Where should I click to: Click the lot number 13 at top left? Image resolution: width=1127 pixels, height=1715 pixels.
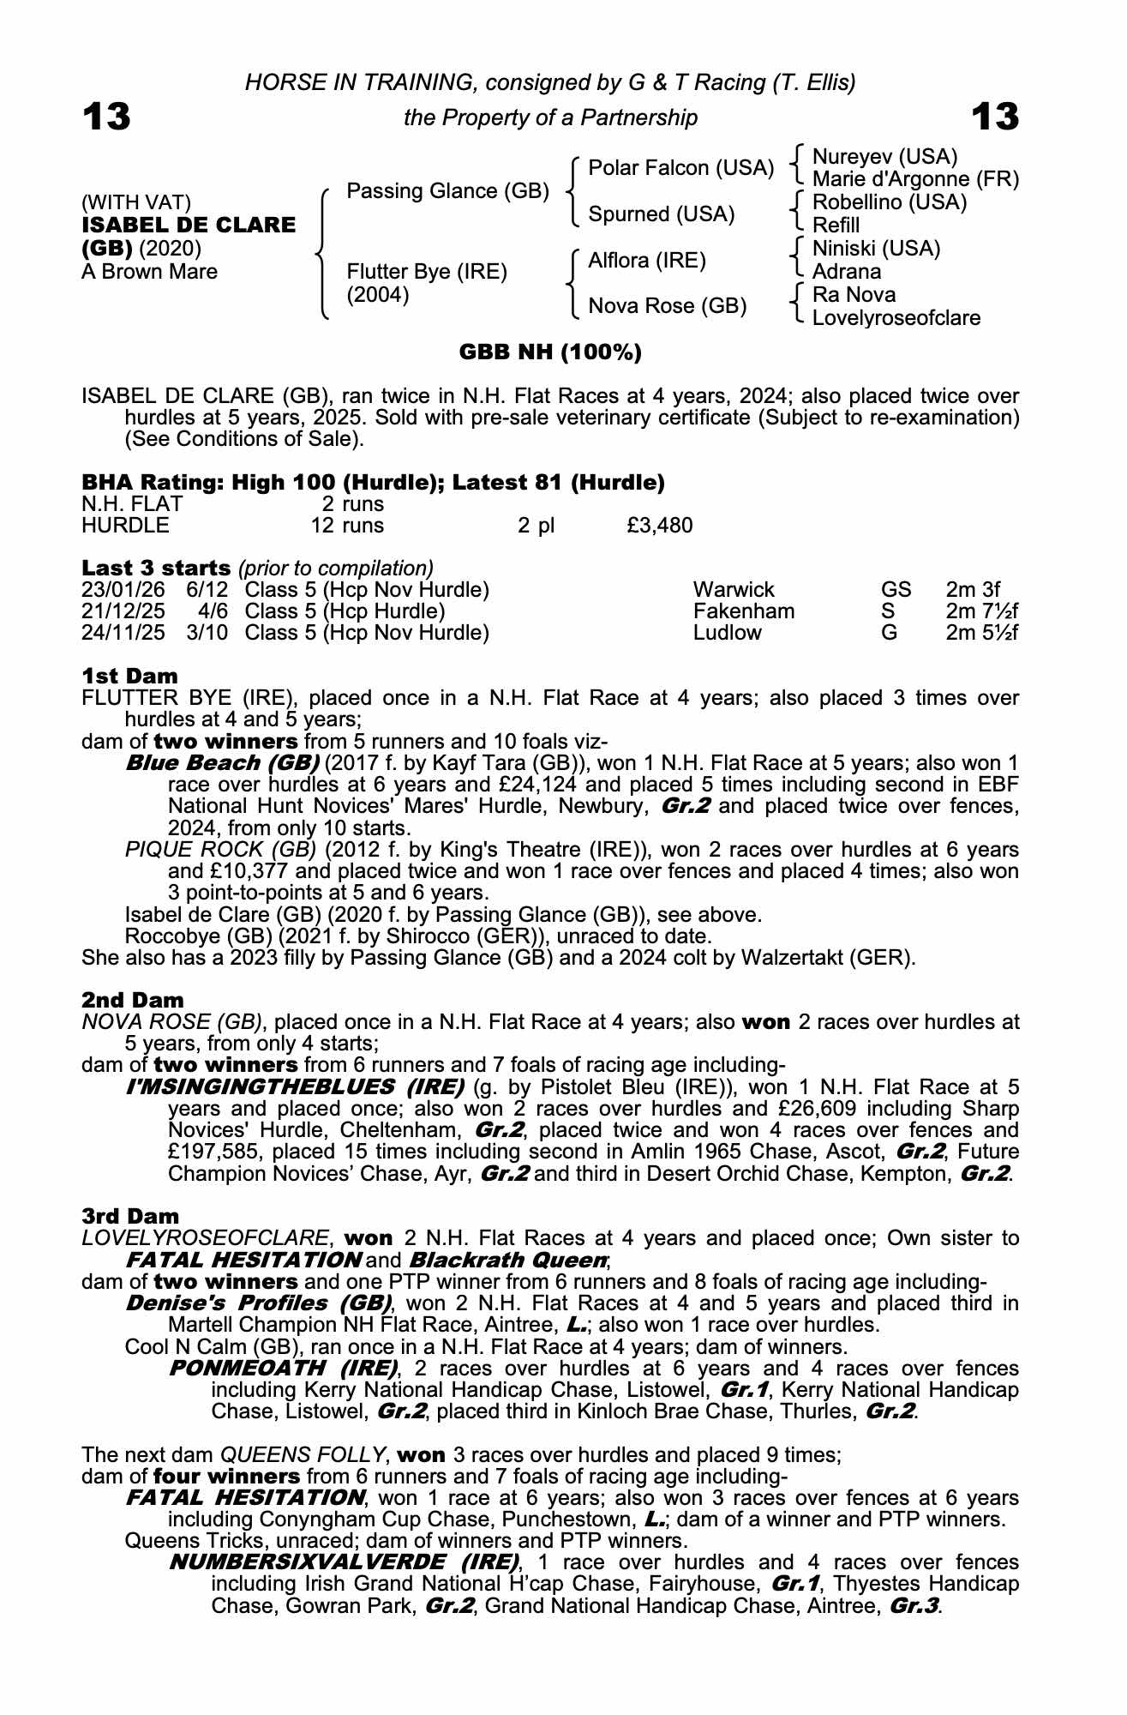tap(106, 117)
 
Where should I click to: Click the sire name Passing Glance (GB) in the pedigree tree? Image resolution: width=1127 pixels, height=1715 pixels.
tap(447, 190)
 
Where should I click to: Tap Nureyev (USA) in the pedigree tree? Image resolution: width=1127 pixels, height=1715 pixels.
tap(884, 157)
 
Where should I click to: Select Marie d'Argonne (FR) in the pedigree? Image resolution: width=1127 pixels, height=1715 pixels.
tap(915, 179)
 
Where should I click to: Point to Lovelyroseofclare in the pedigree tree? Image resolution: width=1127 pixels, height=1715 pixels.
tap(896, 318)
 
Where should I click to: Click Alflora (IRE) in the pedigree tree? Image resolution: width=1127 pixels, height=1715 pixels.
tap(647, 261)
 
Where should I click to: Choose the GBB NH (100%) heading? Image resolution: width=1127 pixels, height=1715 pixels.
tap(550, 352)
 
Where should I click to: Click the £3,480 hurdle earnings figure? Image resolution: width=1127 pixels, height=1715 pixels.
tap(659, 525)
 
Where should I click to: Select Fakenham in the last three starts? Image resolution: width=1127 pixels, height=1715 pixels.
tap(743, 611)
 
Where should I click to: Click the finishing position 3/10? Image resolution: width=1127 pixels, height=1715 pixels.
tap(207, 633)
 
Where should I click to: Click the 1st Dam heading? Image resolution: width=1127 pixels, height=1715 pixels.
tap(129, 676)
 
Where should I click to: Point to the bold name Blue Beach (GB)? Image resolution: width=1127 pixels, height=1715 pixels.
tap(222, 763)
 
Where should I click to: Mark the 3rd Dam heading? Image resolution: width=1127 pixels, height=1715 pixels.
tap(130, 1216)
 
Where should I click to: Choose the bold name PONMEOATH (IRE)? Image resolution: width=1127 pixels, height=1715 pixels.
tap(283, 1368)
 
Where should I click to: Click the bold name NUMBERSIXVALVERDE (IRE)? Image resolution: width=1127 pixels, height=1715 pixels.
tap(344, 1562)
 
